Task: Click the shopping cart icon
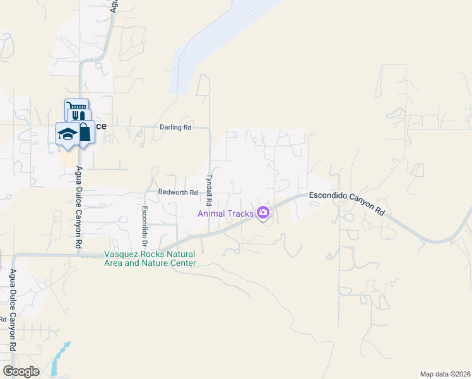(76, 107)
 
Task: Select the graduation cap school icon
(67, 133)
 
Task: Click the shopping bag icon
(84, 130)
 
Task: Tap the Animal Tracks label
(225, 214)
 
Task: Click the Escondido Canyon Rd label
(347, 203)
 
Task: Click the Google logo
(21, 371)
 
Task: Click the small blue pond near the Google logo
(59, 360)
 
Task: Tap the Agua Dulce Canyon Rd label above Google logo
(12, 310)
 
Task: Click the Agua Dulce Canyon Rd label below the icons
(79, 207)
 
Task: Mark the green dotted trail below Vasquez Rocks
(252, 277)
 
